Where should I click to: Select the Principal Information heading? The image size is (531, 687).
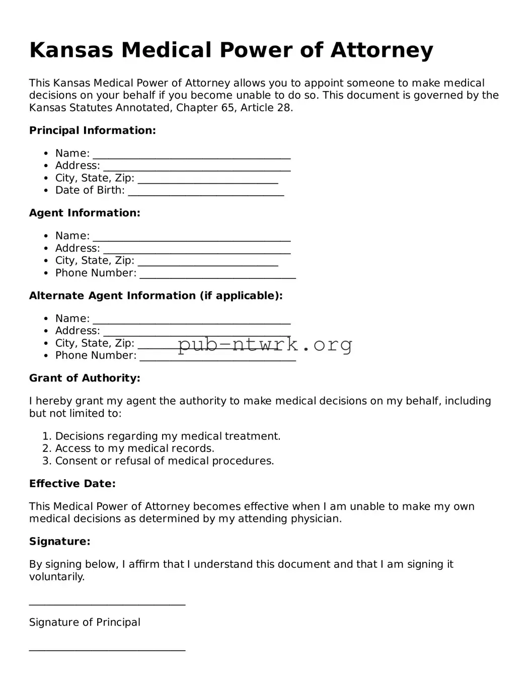click(x=93, y=130)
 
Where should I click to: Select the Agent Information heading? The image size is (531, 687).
click(x=85, y=213)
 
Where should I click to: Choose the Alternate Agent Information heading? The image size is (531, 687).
click(x=156, y=295)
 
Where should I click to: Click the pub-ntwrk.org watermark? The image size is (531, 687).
click(x=265, y=345)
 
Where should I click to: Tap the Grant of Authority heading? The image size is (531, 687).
click(x=85, y=378)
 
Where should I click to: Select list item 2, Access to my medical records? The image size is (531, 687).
click(x=134, y=448)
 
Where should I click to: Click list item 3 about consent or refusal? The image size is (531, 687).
click(x=164, y=461)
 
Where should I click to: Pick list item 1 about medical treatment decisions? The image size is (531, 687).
click(x=168, y=436)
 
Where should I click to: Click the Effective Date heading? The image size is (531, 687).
click(x=72, y=484)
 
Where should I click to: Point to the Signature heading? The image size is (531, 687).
click(x=60, y=542)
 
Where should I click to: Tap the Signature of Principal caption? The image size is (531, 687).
click(x=85, y=623)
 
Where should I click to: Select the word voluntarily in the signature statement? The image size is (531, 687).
click(x=56, y=577)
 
